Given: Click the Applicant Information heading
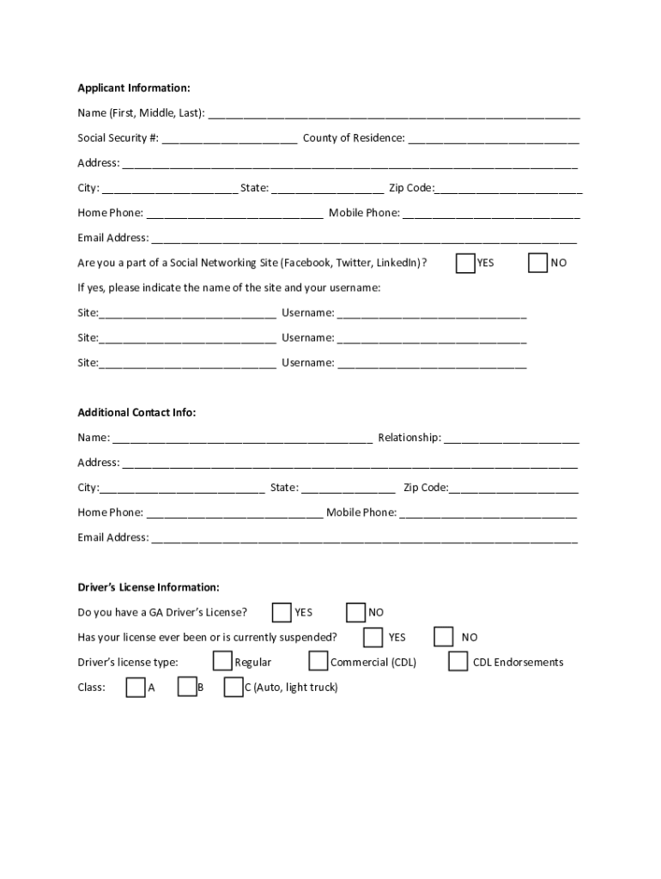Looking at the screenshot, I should point(134,88).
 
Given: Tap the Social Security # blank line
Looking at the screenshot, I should point(229,139).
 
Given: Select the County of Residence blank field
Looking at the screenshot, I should point(493,139).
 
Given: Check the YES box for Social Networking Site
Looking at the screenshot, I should point(465,263).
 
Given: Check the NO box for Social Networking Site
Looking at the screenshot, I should point(538,263).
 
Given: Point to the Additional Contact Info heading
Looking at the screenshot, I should point(136,413).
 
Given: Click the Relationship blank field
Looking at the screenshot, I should point(511,439).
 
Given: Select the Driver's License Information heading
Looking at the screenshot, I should point(149,588).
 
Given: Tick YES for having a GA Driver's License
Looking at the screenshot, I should point(282,612).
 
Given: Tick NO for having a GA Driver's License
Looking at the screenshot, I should point(356,612).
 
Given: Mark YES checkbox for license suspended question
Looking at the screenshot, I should point(373,637).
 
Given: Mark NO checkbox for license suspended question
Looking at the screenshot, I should point(444,637).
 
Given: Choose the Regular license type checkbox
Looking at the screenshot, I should point(222,661).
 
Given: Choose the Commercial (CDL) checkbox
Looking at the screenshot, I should point(318,661).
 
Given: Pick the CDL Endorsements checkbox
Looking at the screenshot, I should point(458,661).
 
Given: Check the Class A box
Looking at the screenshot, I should point(136,687).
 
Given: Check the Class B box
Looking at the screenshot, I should point(187,687).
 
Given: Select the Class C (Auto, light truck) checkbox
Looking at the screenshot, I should point(233,687).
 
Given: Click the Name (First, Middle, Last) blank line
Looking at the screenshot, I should point(393,114).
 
